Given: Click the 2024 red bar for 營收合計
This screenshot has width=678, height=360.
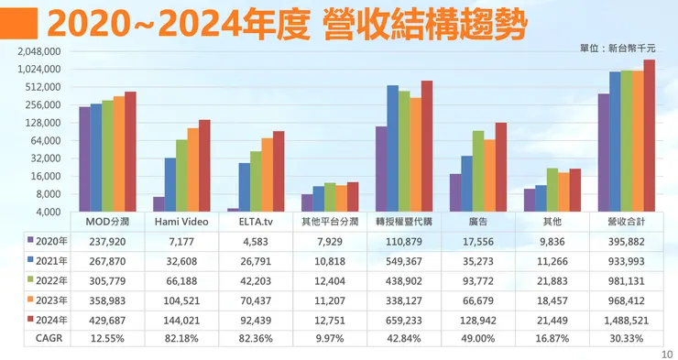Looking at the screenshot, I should pyautogui.click(x=649, y=136).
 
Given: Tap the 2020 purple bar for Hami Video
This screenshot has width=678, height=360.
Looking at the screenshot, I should pyautogui.click(x=159, y=204).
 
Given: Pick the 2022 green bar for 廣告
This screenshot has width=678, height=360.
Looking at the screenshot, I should pyautogui.click(x=478, y=171).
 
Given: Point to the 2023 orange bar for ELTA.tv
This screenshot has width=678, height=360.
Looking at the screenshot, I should pyautogui.click(x=267, y=175).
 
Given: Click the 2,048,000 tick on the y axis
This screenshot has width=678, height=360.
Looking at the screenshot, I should pyautogui.click(x=39, y=51).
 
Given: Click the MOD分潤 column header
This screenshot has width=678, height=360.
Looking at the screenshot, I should pyautogui.click(x=107, y=222).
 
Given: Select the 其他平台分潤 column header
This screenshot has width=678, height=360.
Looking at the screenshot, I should pyautogui.click(x=330, y=222).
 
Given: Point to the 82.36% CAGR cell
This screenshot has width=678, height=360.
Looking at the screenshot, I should pyautogui.click(x=256, y=336).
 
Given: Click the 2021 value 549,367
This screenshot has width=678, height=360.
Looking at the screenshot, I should pyautogui.click(x=404, y=259).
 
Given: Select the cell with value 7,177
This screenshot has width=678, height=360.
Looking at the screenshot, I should pyautogui.click(x=181, y=240).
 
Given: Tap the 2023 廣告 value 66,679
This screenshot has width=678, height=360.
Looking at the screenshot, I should pyautogui.click(x=478, y=298).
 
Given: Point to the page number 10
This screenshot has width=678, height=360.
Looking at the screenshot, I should pyautogui.click(x=665, y=352).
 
